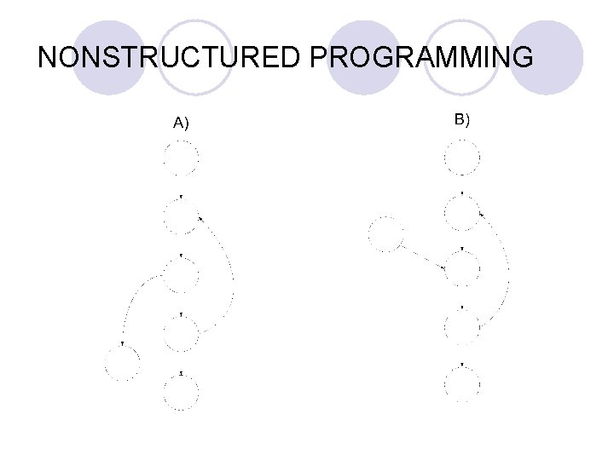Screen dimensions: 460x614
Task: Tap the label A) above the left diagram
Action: click(181, 124)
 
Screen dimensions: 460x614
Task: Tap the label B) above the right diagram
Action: click(461, 119)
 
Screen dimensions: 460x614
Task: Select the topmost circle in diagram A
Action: click(182, 158)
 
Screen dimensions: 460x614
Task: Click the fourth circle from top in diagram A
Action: click(182, 333)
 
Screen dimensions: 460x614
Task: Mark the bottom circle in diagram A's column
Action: click(182, 393)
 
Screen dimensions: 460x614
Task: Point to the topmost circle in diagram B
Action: click(461, 157)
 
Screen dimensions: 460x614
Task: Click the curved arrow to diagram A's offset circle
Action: click(133, 302)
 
